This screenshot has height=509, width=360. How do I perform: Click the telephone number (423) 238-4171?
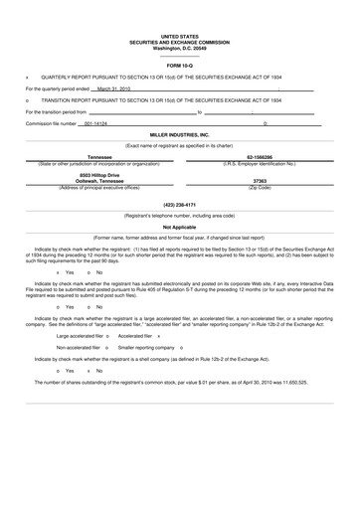(x=179, y=204)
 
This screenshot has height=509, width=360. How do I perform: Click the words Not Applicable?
(x=179, y=227)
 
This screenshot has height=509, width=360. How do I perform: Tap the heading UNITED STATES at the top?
(x=179, y=34)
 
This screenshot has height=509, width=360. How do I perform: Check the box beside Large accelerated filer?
(x=106, y=336)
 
